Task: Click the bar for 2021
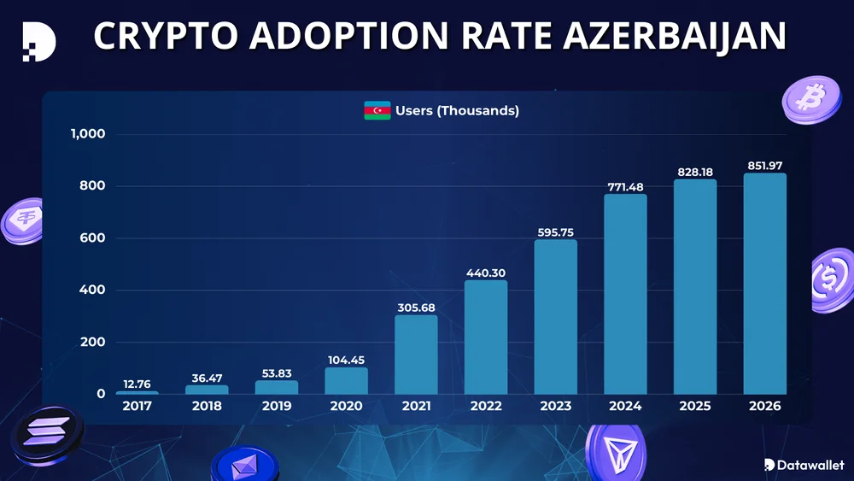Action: point(416,355)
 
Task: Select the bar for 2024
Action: point(625,294)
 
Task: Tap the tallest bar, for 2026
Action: point(764,284)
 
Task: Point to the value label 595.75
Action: point(555,232)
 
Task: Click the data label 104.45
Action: point(346,360)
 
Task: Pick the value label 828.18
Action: point(694,172)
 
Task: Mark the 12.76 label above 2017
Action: point(137,384)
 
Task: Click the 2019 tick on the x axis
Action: point(276,406)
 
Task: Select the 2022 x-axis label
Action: point(485,406)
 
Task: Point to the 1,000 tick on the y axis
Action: point(88,134)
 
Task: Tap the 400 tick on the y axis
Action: point(93,290)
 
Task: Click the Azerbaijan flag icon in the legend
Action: point(377,111)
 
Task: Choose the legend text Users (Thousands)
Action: point(457,111)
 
